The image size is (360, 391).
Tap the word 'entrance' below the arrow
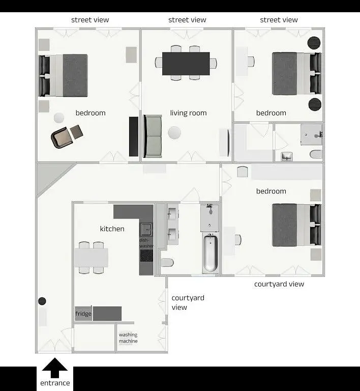[x=55, y=383]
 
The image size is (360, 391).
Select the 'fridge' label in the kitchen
[x=83, y=314]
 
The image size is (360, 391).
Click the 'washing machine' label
[x=128, y=338]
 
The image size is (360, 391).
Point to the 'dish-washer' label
[x=146, y=243]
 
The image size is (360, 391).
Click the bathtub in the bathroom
[x=209, y=253]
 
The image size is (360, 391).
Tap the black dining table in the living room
[x=186, y=64]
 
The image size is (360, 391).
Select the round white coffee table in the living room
[x=174, y=133]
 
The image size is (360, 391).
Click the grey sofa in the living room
[x=152, y=135]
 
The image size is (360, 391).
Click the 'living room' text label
[x=188, y=113]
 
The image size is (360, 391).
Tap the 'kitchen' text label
[x=112, y=229]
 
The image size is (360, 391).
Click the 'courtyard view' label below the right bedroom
[x=279, y=284]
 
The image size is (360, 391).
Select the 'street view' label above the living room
[x=187, y=20]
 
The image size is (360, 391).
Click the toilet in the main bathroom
[x=167, y=263]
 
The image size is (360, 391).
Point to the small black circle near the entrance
[x=42, y=301]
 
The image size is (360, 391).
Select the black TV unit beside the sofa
[x=134, y=136]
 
